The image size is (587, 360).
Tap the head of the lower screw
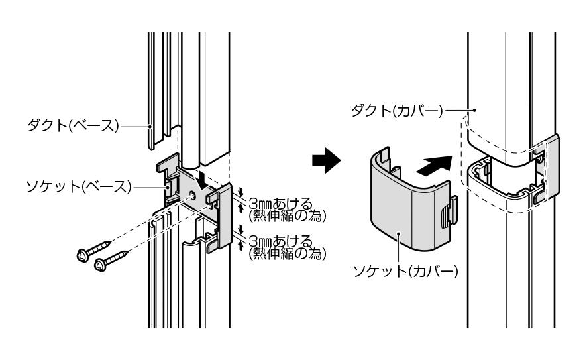[101, 265]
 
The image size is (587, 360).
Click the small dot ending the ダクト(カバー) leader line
[476, 109]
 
